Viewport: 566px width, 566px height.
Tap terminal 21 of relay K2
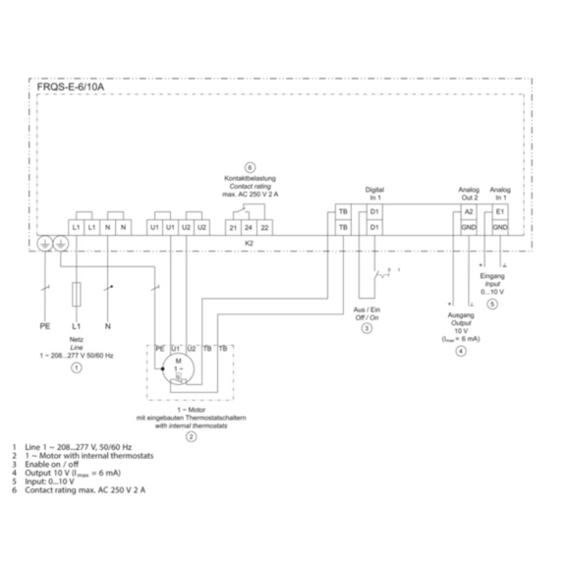coord(233,228)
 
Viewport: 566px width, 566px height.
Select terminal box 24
coord(250,228)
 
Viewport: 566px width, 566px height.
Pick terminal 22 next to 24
coord(266,228)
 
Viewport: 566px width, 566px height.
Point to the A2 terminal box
coord(469,211)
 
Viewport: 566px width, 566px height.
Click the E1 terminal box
coord(500,211)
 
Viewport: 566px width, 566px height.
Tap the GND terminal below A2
coord(469,228)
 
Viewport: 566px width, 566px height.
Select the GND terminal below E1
coord(500,228)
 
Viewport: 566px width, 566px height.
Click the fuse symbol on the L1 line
coord(76,294)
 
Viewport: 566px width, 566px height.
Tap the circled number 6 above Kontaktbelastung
coord(250,168)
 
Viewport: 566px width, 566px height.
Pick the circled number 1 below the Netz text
coord(76,365)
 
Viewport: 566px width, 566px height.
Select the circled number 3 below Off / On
coord(366,328)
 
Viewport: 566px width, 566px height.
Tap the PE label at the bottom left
coord(44,323)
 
